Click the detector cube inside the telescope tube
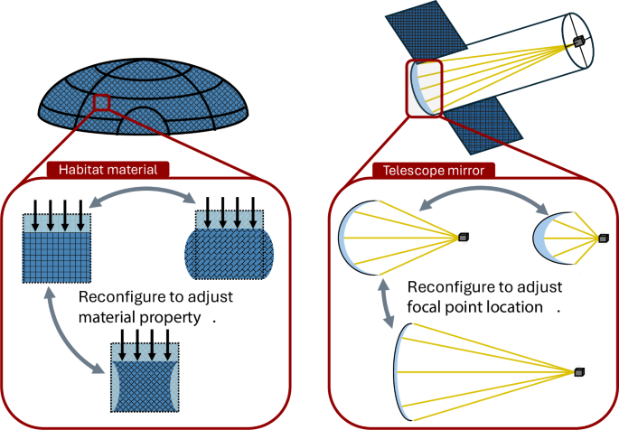[577, 42]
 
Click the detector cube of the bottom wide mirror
[579, 372]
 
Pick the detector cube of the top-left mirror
[464, 237]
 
